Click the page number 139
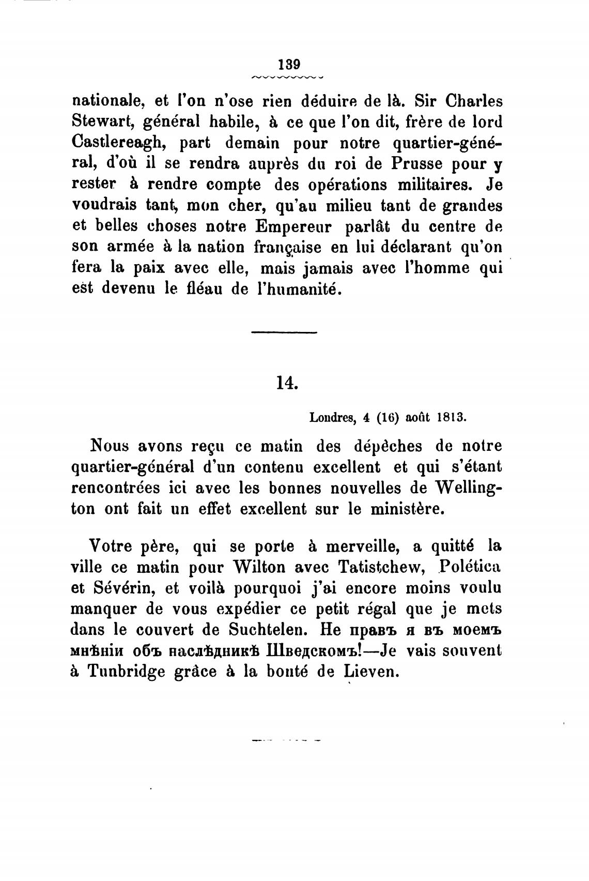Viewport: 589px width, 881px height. (x=289, y=65)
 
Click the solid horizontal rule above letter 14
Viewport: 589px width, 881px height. (x=284, y=332)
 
